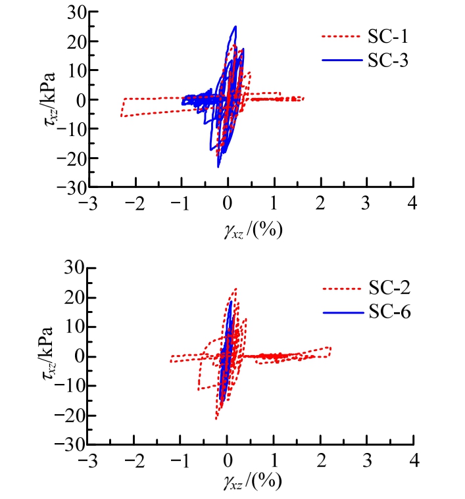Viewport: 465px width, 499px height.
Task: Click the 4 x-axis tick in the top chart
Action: point(413,202)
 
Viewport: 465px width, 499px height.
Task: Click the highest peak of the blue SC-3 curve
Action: point(235,26)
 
